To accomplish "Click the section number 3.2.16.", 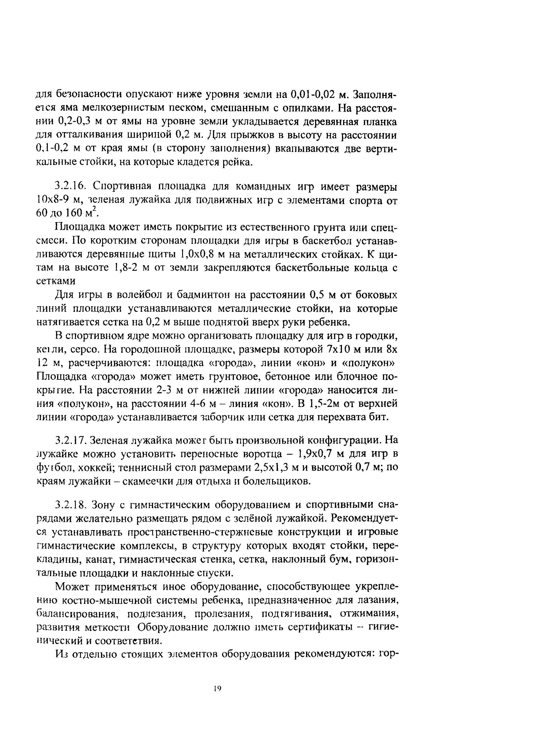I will pyautogui.click(x=73, y=186).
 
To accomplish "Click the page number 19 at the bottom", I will pyautogui.click(x=217, y=688).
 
